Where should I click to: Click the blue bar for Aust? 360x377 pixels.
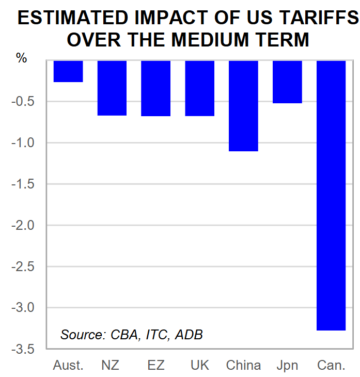pyautogui.click(x=68, y=71)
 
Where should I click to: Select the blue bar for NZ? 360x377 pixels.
pyautogui.click(x=112, y=88)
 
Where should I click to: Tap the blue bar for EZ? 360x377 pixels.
pyautogui.click(x=155, y=88)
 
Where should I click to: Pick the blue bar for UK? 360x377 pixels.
pyautogui.click(x=199, y=88)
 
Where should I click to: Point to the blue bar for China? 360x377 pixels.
pyautogui.click(x=243, y=106)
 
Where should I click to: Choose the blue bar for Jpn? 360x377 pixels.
pyautogui.click(x=287, y=82)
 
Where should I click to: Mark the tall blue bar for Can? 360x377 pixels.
pyautogui.click(x=331, y=195)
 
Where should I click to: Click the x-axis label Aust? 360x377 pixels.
pyautogui.click(x=68, y=366)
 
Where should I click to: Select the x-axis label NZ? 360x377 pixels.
pyautogui.click(x=111, y=366)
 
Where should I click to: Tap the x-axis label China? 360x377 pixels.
pyautogui.click(x=243, y=366)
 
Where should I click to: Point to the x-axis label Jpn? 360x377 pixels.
pyautogui.click(x=287, y=366)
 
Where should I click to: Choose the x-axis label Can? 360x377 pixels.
pyautogui.click(x=331, y=366)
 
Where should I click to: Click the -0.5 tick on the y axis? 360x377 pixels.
pyautogui.click(x=24, y=102)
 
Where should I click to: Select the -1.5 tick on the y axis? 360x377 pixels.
pyautogui.click(x=24, y=184)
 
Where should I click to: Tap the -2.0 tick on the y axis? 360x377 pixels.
pyautogui.click(x=24, y=226)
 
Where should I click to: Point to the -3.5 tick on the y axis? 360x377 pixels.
pyautogui.click(x=24, y=350)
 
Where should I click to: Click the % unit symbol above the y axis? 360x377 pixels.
pyautogui.click(x=22, y=58)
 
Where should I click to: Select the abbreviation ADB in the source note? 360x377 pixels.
pyautogui.click(x=189, y=335)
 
